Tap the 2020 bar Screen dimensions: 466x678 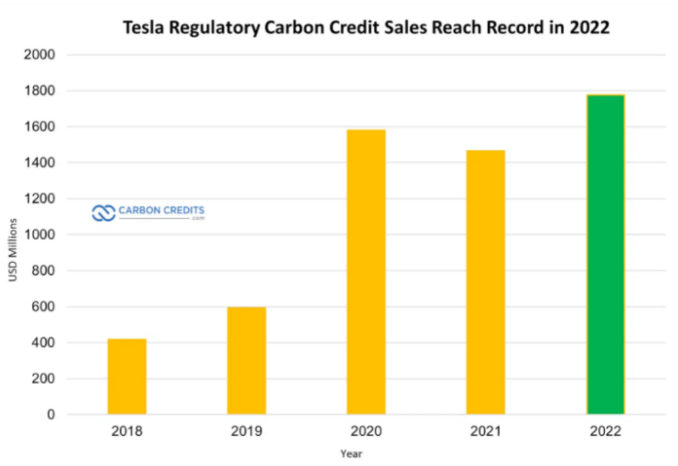click(x=366, y=272)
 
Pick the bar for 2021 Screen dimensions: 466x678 click(x=485, y=282)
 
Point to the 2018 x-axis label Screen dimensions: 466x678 click(x=127, y=431)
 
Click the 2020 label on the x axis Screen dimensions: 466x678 click(x=366, y=431)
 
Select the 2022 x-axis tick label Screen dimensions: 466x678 click(x=605, y=431)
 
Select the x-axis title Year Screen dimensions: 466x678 click(x=351, y=454)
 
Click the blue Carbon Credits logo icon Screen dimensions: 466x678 click(x=103, y=213)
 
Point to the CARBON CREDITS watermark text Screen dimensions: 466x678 click(x=161, y=210)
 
